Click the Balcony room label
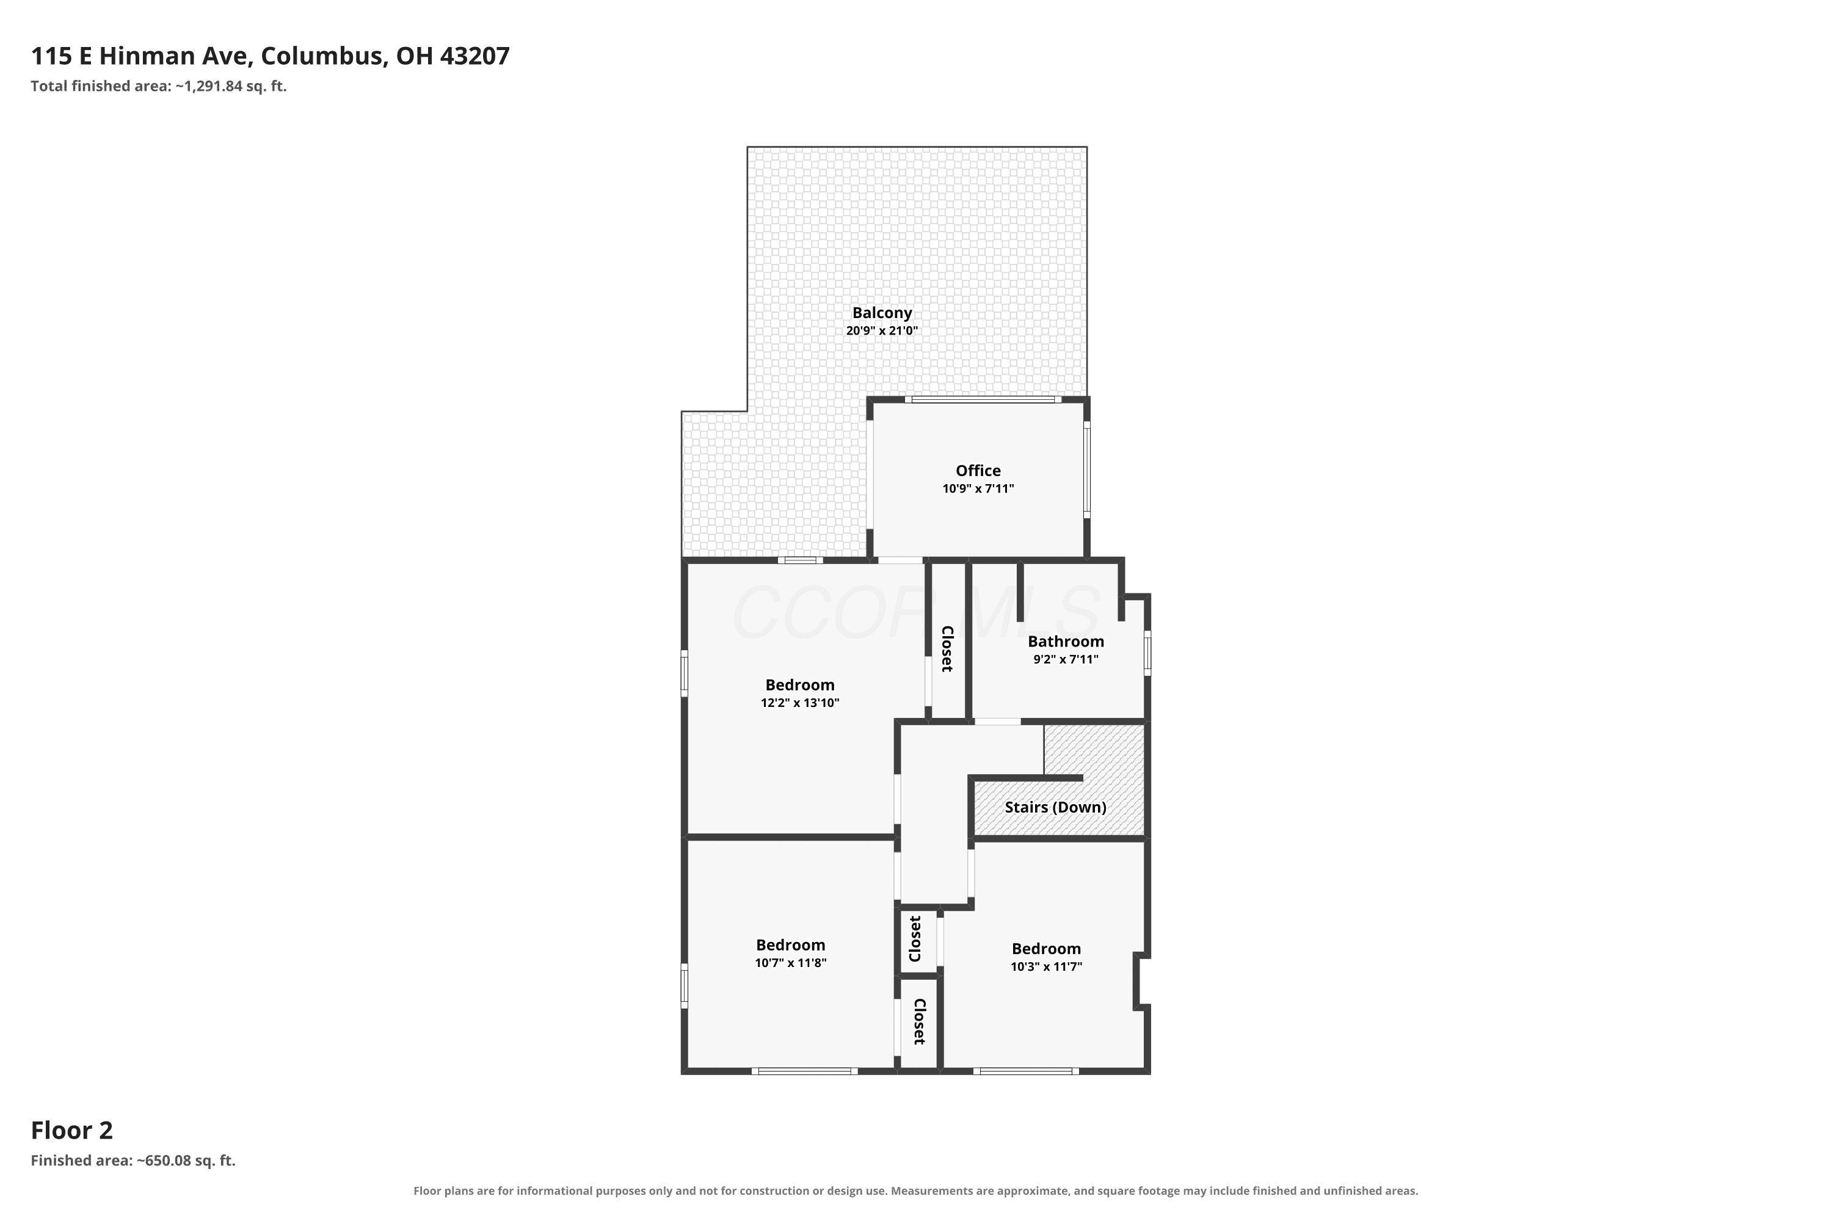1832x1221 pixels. [882, 313]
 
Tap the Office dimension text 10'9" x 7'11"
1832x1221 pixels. [978, 489]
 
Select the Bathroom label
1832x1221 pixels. [1066, 642]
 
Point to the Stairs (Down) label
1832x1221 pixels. [1055, 808]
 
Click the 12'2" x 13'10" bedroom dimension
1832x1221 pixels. [800, 703]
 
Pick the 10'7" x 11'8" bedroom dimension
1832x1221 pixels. [791, 963]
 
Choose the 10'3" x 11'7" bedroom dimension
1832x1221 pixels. [1046, 967]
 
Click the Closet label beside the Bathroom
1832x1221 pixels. [947, 648]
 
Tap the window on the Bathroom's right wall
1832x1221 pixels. [1147, 653]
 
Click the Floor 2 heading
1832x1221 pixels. [71, 1130]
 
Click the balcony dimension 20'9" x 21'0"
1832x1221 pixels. [882, 331]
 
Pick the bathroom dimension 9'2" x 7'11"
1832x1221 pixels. [1066, 659]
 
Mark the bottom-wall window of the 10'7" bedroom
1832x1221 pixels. [805, 1071]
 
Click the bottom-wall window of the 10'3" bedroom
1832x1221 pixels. [1026, 1071]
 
